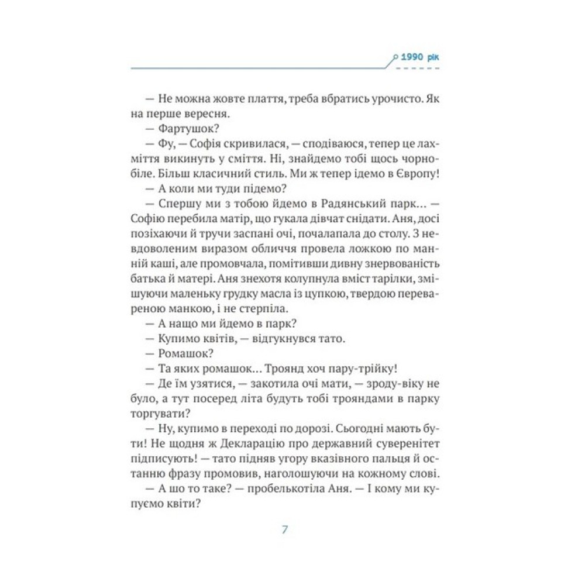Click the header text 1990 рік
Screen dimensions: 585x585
[x=419, y=57]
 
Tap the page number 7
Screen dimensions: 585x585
[x=285, y=530]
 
